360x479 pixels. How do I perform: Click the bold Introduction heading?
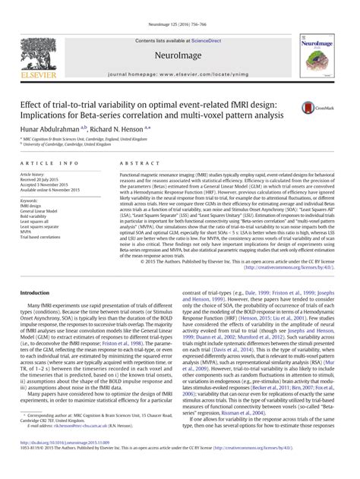point(36,271)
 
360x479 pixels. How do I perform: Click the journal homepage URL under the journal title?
point(180,56)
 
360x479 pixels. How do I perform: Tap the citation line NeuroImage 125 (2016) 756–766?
point(180,6)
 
